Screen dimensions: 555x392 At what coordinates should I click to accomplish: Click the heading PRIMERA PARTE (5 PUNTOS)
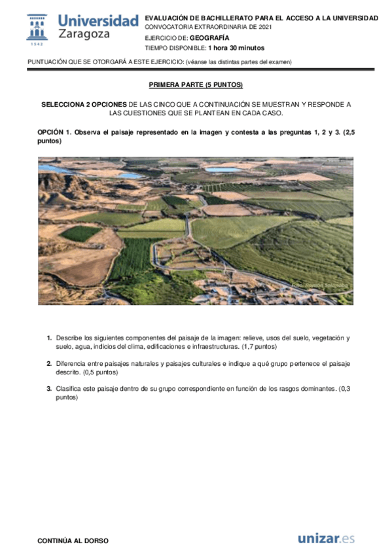(196, 85)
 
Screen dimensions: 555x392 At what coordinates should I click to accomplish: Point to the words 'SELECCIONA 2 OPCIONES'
(84, 105)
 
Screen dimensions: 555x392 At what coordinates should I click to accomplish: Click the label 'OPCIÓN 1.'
(54, 132)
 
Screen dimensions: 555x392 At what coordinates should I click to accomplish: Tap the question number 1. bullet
(49, 338)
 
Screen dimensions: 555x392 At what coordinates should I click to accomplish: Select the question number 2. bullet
(49, 363)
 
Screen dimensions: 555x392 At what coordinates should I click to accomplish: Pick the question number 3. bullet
(49, 388)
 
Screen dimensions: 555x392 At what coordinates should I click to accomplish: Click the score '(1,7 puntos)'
(260, 346)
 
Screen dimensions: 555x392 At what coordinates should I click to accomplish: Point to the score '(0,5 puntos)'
(101, 372)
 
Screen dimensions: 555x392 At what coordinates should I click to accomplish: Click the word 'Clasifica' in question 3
(69, 388)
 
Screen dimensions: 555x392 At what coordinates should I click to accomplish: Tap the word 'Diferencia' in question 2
(71, 363)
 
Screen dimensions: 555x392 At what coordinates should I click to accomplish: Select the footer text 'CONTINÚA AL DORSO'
(73, 541)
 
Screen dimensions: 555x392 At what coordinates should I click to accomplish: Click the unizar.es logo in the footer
(326, 539)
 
